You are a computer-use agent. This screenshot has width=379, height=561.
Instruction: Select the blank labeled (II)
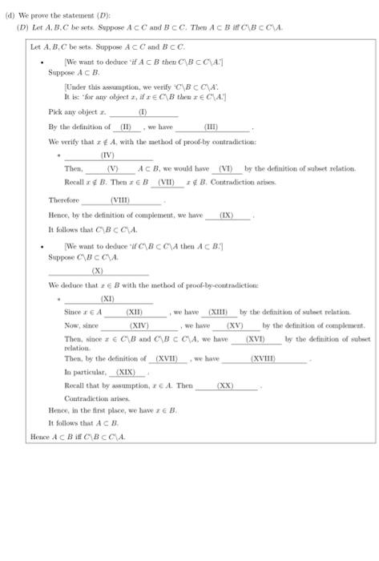[125, 127]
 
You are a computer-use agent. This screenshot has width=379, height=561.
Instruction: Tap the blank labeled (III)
[212, 127]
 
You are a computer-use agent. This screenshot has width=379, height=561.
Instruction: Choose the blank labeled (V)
[111, 169]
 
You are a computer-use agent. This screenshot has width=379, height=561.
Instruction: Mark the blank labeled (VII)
[167, 182]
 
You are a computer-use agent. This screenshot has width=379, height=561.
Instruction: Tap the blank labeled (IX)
[227, 216]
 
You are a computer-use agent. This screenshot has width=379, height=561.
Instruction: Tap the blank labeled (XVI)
[256, 340]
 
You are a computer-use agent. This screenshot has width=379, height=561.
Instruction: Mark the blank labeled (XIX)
[127, 373]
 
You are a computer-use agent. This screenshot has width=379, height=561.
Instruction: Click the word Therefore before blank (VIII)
[63, 200]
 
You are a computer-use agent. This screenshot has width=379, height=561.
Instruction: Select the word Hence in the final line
[38, 436]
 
